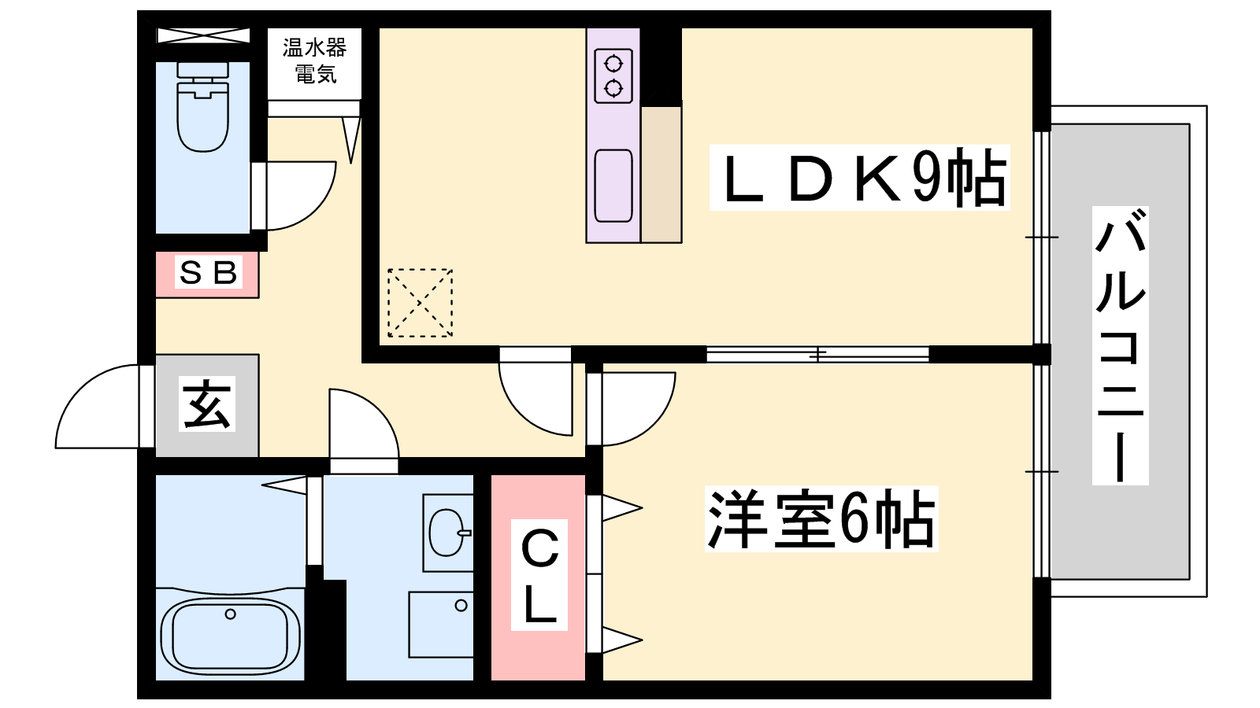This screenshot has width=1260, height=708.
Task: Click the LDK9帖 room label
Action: tap(859, 178)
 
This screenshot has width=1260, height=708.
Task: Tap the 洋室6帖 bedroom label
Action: tap(821, 518)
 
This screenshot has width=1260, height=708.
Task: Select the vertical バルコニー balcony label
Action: tap(1120, 345)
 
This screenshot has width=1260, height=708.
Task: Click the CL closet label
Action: tap(539, 575)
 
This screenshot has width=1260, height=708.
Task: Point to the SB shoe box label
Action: tap(208, 272)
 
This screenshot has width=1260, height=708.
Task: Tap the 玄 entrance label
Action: tap(207, 404)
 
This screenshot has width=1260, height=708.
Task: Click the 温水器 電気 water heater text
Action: tap(314, 61)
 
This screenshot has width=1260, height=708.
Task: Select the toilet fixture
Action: tap(203, 107)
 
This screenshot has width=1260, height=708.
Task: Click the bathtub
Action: tap(230, 635)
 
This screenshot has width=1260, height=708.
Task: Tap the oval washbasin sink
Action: tap(447, 532)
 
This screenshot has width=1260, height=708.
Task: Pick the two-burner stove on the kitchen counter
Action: tap(613, 76)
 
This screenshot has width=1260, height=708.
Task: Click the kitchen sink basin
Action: tap(613, 186)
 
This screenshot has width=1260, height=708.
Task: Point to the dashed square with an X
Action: tap(421, 303)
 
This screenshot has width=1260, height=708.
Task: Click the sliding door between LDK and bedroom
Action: tap(817, 354)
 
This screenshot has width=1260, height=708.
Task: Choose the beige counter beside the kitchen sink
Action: tap(661, 174)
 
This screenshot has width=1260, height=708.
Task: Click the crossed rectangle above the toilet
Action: tap(202, 35)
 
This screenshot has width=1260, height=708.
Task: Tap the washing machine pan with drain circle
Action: tap(440, 625)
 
